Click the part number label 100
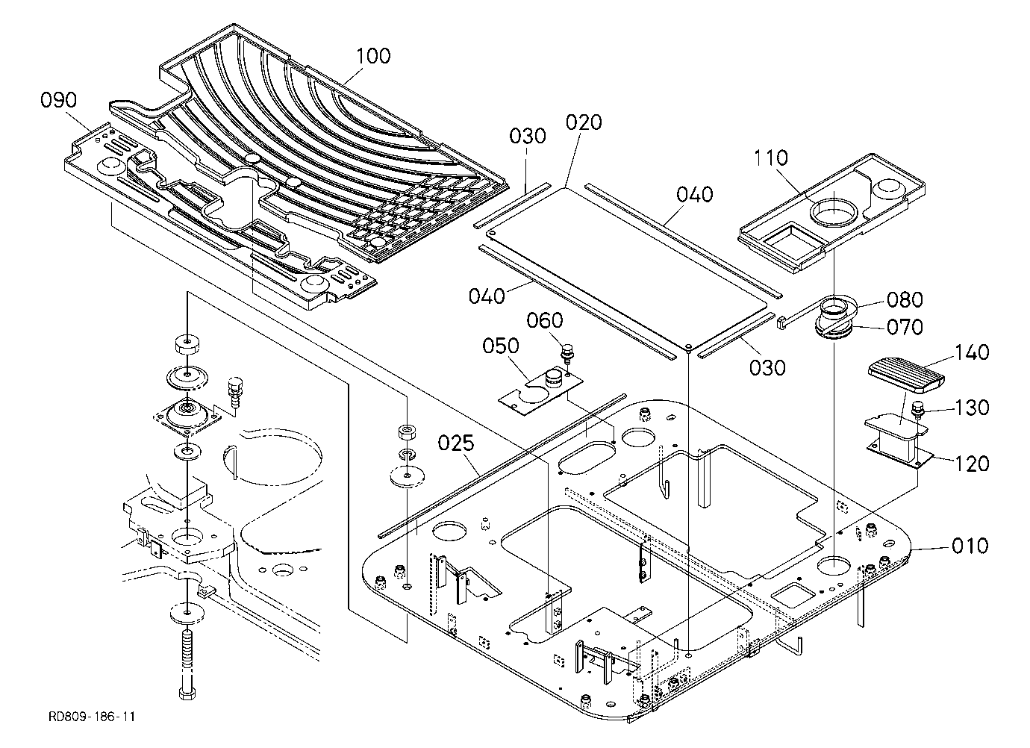point(373,56)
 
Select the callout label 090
point(58,100)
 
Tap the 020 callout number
point(584,123)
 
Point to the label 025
point(456,443)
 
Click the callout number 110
point(770,158)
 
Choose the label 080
point(905,299)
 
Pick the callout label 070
point(905,327)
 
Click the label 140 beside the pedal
point(972,352)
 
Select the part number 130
point(972,408)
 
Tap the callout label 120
point(972,464)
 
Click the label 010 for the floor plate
point(970,546)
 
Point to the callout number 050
point(501,346)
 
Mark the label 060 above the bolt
point(544,321)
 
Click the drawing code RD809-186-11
point(92,717)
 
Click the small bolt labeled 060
point(566,355)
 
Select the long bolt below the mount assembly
point(187,664)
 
